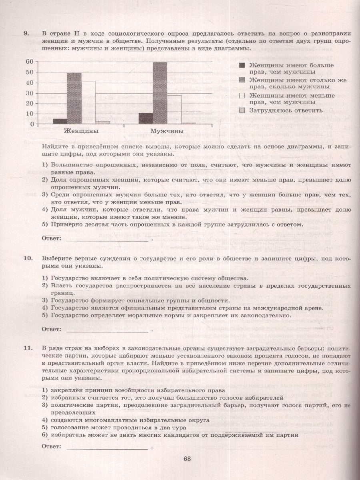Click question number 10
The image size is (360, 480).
point(28,258)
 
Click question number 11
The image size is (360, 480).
point(28,348)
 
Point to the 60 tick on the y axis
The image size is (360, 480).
point(30,62)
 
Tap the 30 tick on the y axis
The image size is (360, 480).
point(30,93)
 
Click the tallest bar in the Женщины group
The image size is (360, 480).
point(74,98)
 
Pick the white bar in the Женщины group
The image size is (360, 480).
point(88,102)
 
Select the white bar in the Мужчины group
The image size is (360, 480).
point(174,109)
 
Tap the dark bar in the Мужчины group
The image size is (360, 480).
point(146,118)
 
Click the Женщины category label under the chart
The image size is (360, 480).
point(82,131)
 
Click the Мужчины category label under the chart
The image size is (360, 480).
point(167,131)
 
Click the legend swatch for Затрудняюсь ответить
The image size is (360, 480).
point(242,110)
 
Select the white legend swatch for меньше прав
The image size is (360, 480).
point(242,96)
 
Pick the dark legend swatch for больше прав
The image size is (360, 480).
point(242,65)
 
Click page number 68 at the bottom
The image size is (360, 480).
point(187,458)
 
